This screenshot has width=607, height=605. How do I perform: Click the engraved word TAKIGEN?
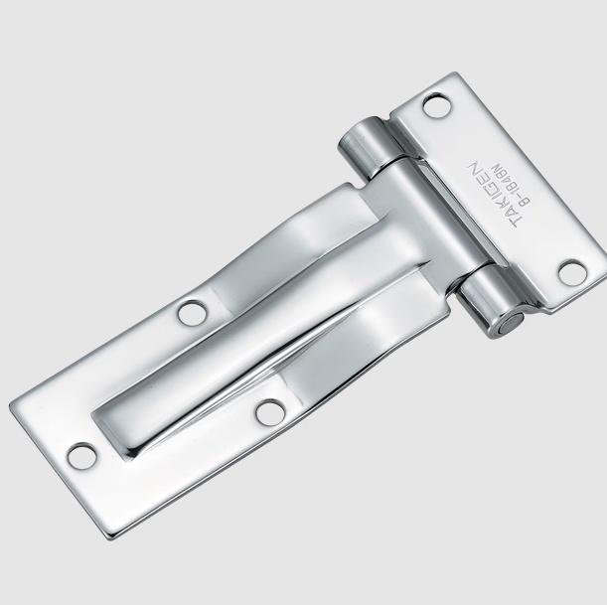[x=491, y=195]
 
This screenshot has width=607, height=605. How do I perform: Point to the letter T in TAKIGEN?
[x=513, y=223]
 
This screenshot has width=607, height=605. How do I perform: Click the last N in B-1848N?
[x=496, y=168]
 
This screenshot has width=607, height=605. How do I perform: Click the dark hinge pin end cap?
[x=512, y=323]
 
